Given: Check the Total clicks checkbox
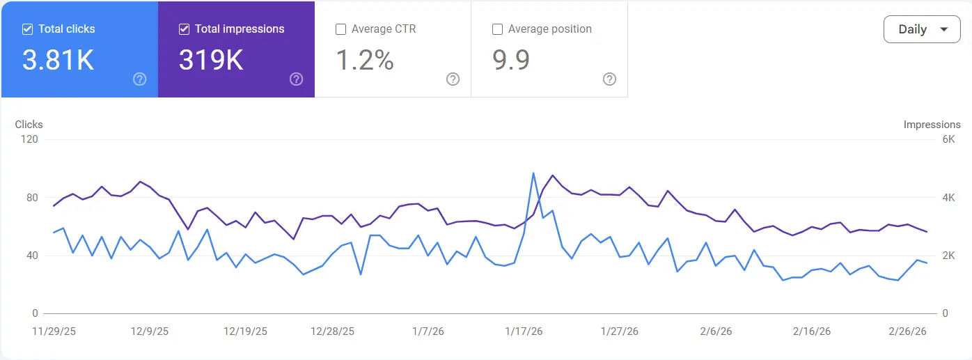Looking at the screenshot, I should point(28,29).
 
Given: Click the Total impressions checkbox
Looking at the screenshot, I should point(185,29).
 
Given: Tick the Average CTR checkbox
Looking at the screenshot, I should point(341,29).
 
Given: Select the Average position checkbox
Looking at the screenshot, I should point(498,29).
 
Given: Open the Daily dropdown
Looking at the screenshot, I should point(922,29).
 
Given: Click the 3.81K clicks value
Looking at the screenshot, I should point(58,61).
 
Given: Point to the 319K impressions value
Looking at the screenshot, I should point(211,61).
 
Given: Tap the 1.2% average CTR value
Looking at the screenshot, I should point(365,61).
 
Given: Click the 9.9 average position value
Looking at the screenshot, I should point(511,61).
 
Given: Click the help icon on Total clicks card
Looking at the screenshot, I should point(139,79).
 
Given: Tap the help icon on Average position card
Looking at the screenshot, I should point(609,79).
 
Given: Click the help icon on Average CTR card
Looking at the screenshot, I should point(453,79).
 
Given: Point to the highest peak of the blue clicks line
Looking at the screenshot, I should point(533,173).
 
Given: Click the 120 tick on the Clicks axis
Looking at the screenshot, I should point(29,139).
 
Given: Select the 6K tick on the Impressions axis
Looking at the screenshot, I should point(949,139).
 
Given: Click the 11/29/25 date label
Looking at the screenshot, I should point(54,331).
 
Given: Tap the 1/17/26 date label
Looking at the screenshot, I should point(523,331).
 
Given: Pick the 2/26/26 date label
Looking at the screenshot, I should point(908,331).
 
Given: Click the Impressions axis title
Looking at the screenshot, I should point(932,125).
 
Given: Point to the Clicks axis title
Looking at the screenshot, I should point(29,125).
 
